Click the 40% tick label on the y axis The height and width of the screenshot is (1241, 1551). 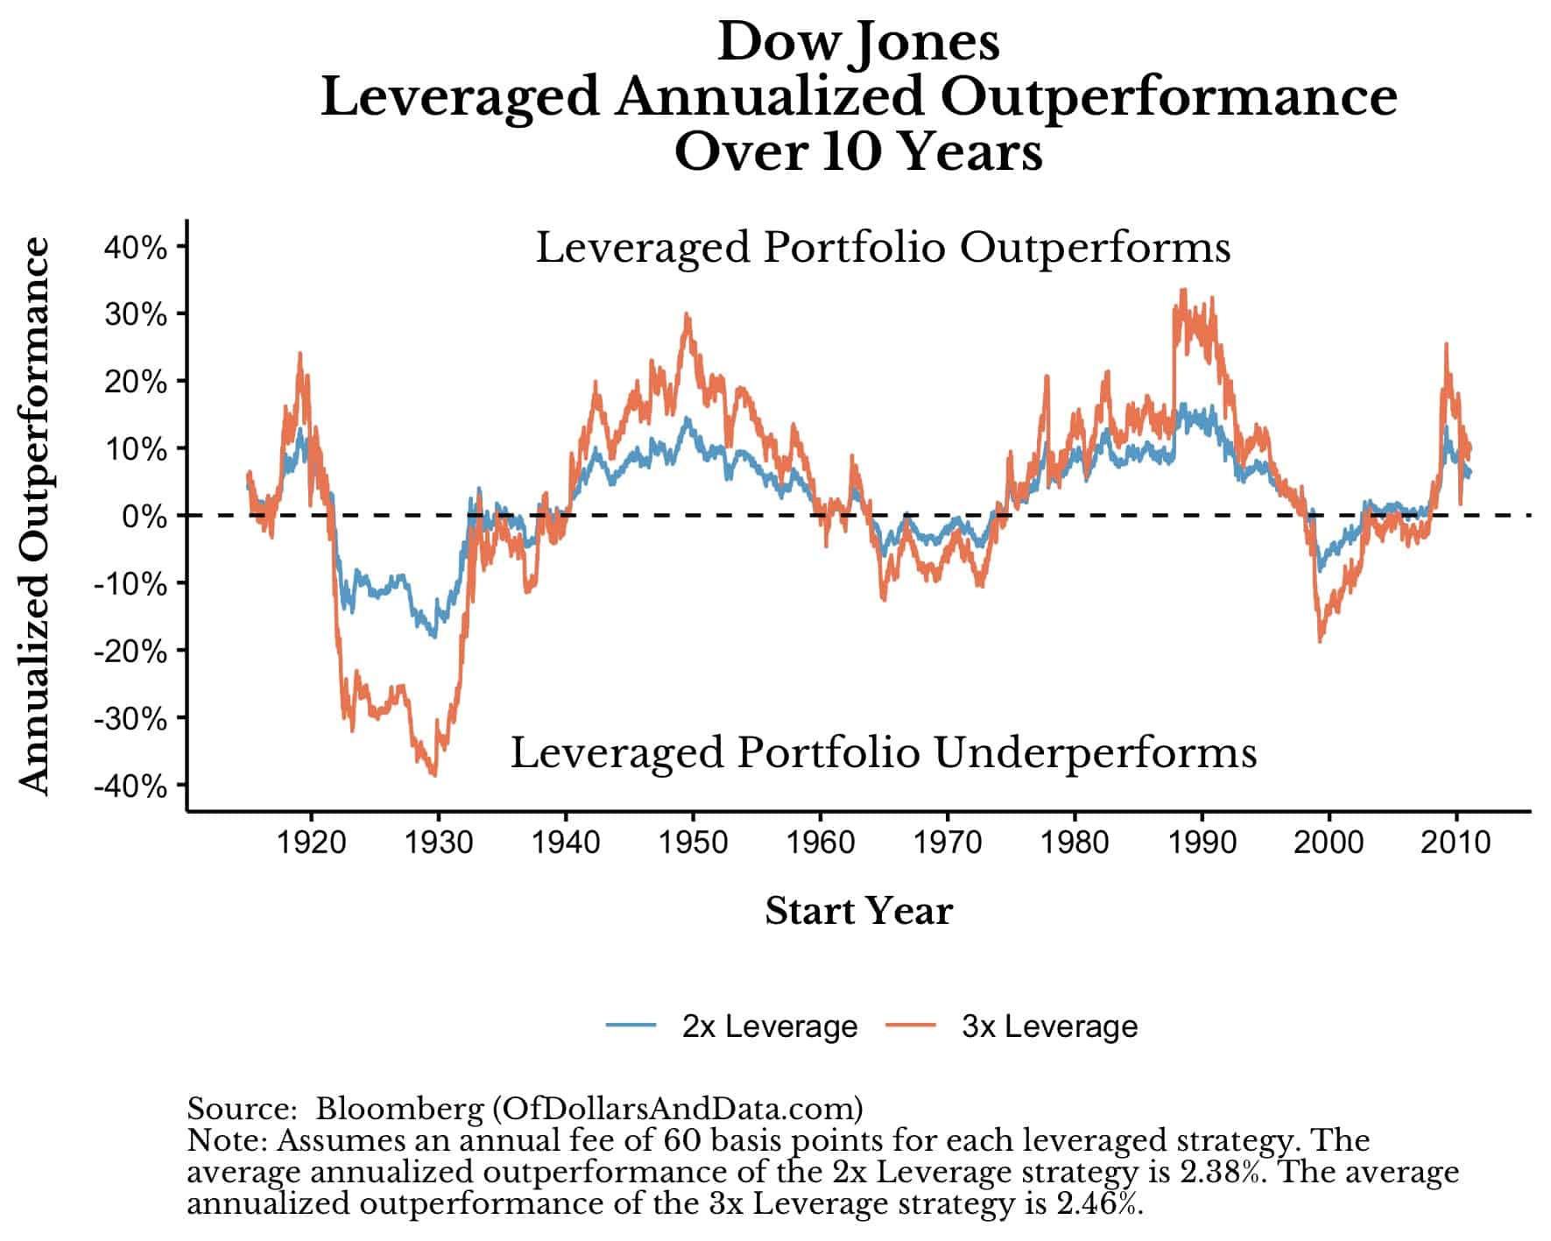[135, 248]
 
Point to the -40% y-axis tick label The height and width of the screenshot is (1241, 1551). [130, 786]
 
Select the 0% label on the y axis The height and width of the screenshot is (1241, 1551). [144, 517]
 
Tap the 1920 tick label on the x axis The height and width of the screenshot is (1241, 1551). [311, 843]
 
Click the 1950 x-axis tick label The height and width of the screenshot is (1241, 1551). [693, 843]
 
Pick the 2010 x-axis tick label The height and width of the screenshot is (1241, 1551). [1456, 843]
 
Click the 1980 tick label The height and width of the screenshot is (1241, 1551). [1075, 843]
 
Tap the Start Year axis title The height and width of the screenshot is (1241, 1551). [858, 911]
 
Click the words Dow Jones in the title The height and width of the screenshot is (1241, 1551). [858, 42]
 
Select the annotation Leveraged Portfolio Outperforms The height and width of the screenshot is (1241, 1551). [883, 248]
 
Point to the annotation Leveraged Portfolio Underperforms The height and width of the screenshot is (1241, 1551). [883, 753]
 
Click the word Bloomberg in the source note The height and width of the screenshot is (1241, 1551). [398, 1109]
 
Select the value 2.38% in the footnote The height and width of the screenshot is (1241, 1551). [1223, 1172]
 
